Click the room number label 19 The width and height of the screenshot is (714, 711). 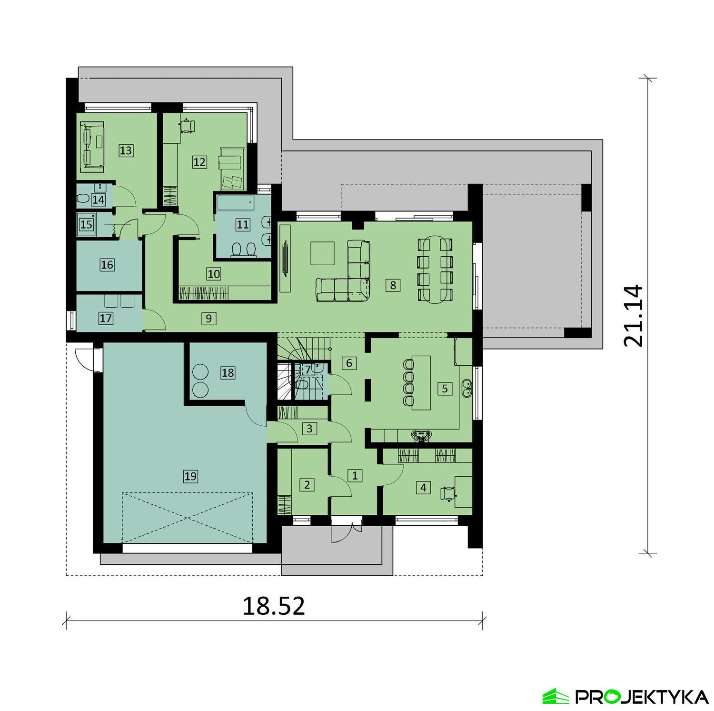190,476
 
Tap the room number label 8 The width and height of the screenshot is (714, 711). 393,285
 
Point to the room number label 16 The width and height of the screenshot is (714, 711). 107,264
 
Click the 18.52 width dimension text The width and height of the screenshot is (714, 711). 274,606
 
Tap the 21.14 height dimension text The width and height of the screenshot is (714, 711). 634,315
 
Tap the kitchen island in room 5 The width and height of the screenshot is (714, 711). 421,382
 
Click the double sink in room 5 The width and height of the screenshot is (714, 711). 466,388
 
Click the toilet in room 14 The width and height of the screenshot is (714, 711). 85,199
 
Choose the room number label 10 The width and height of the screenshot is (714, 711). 214,274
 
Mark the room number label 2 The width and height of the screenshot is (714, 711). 307,485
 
